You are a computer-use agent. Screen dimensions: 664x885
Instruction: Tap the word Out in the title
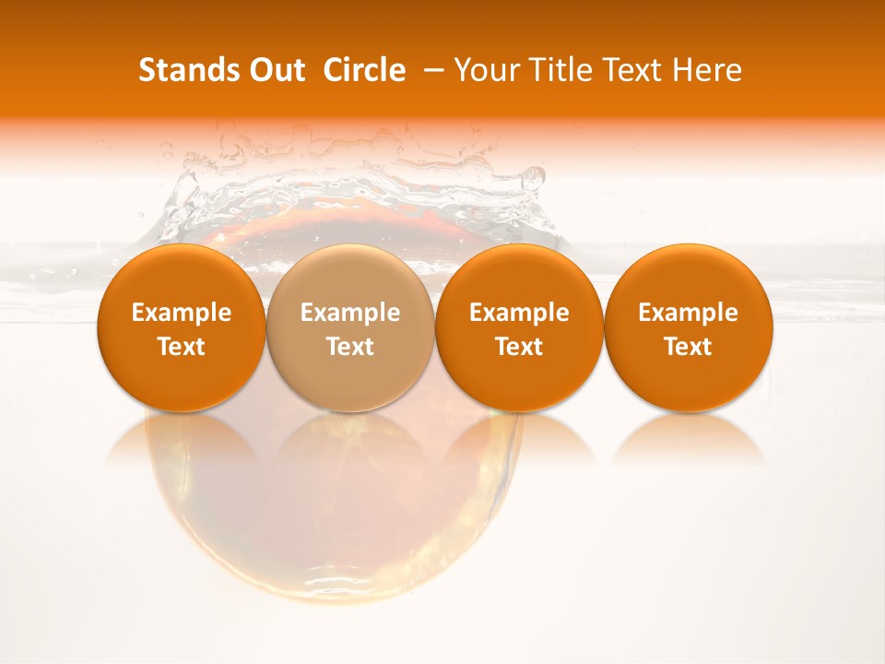click(276, 70)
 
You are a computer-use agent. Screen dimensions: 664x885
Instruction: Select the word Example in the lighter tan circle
click(350, 313)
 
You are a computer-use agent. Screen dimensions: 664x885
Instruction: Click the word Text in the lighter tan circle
click(350, 347)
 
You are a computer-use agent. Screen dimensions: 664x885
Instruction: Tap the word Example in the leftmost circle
click(182, 313)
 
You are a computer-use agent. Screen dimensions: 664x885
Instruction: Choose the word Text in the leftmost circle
click(182, 347)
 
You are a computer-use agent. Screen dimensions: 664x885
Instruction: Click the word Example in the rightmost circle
click(689, 313)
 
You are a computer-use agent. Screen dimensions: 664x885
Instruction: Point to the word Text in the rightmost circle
click(689, 347)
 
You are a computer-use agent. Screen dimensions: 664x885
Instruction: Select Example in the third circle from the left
click(519, 313)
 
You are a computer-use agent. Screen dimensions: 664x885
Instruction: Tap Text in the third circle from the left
click(519, 347)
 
